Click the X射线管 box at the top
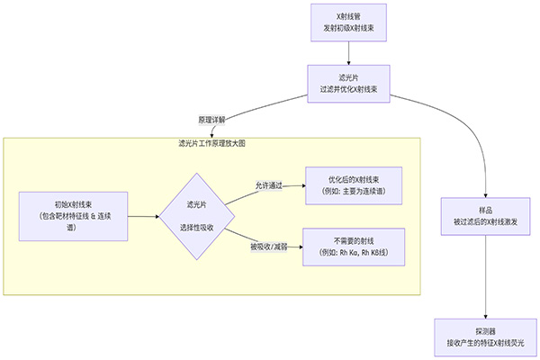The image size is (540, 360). click(347, 22)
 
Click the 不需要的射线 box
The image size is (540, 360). click(354, 247)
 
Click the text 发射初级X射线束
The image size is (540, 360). click(347, 29)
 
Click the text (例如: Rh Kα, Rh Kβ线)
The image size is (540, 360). click(354, 253)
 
